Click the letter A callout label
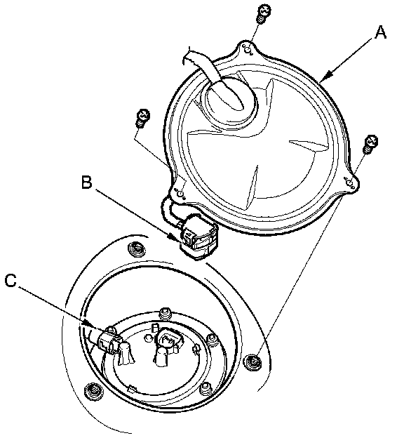pyautogui.click(x=380, y=32)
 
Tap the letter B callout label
pyautogui.click(x=86, y=182)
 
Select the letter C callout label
pyautogui.click(x=11, y=281)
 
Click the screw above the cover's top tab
pyautogui.click(x=263, y=13)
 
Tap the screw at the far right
pyautogui.click(x=370, y=144)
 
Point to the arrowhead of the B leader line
pyautogui.click(x=175, y=237)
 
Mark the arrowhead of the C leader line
pyautogui.click(x=93, y=326)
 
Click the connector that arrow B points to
pyautogui.click(x=198, y=237)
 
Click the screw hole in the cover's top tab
pyautogui.click(x=248, y=49)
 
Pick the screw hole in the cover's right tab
pyautogui.click(x=349, y=182)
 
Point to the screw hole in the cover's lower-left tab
pyautogui.click(x=180, y=194)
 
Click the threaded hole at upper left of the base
pyautogui.click(x=137, y=248)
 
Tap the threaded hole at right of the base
pyautogui.click(x=253, y=361)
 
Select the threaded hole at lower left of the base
pyautogui.click(x=93, y=390)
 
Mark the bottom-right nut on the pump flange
pyautogui.click(x=206, y=387)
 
